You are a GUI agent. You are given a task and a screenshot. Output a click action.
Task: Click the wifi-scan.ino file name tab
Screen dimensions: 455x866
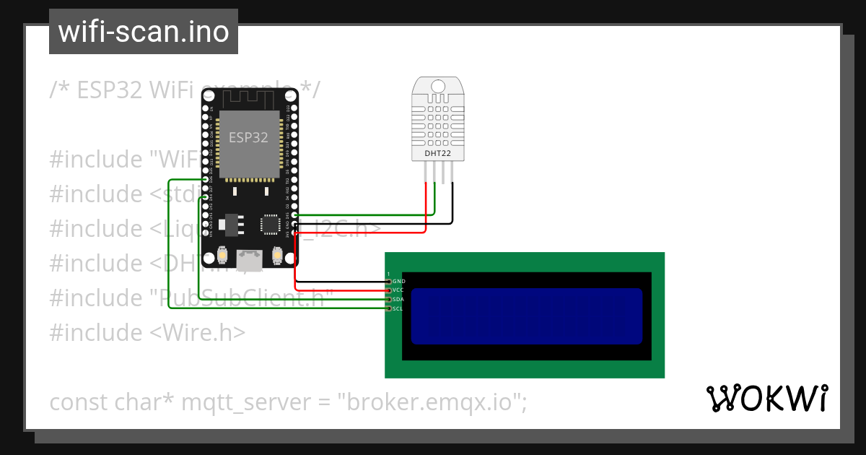point(143,32)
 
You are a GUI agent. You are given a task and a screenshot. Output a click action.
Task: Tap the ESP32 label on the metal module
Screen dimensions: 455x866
point(248,137)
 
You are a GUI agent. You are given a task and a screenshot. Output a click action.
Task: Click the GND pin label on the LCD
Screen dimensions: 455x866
point(399,281)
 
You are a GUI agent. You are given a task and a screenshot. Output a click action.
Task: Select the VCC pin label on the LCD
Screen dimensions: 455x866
point(398,290)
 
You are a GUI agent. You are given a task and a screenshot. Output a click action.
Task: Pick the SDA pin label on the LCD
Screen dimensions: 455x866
point(398,299)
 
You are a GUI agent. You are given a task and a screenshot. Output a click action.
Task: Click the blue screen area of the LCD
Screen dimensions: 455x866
point(526,316)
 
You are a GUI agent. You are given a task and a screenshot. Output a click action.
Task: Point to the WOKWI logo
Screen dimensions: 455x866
point(766,398)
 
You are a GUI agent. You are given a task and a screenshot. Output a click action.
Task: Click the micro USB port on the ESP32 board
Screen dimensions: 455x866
point(250,260)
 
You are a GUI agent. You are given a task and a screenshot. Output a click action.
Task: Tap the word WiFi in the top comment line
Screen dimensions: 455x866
point(171,90)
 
